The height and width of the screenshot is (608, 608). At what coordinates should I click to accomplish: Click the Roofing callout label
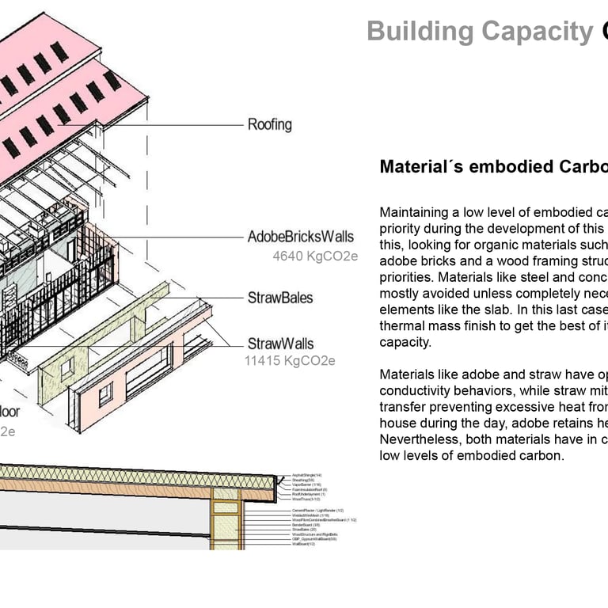pyautogui.click(x=269, y=124)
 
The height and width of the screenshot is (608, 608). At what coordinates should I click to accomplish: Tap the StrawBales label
pyautogui.click(x=280, y=298)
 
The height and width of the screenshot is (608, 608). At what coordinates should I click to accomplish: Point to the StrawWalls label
pyautogui.click(x=280, y=344)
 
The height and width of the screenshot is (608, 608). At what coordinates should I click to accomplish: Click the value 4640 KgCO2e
pyautogui.click(x=315, y=256)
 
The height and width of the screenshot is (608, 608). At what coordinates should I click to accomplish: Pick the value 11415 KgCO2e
pyautogui.click(x=289, y=361)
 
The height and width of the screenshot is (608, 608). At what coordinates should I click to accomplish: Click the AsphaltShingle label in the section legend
pyautogui.click(x=307, y=474)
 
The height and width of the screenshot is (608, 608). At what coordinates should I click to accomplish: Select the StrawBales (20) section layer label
pyautogui.click(x=304, y=530)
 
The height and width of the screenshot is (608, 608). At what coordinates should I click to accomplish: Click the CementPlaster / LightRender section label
pyautogui.click(x=317, y=511)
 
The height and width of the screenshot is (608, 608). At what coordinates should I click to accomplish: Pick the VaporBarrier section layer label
pyautogui.click(x=306, y=484)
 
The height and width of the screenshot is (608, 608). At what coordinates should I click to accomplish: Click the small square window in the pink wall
pyautogui.click(x=105, y=393)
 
